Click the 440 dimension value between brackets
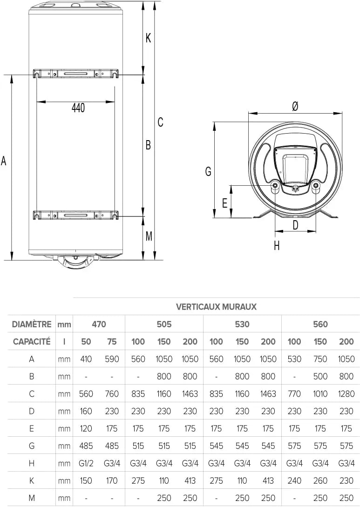point(78,108)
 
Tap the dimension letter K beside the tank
point(148,38)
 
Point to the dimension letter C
point(160,122)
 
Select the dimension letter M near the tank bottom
point(149,236)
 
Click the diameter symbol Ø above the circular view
point(295,106)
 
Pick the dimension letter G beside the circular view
point(208,172)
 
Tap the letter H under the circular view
point(277,245)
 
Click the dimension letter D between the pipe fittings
point(295,225)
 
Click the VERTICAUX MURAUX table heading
point(216,307)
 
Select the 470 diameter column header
point(99,324)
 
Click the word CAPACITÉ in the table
point(32,341)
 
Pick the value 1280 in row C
point(346,393)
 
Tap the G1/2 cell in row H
point(86,463)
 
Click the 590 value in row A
point(112,359)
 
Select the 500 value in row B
point(320,376)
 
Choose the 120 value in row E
point(86,428)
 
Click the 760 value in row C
point(112,393)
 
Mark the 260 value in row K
point(320,480)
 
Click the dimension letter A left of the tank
point(4,161)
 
